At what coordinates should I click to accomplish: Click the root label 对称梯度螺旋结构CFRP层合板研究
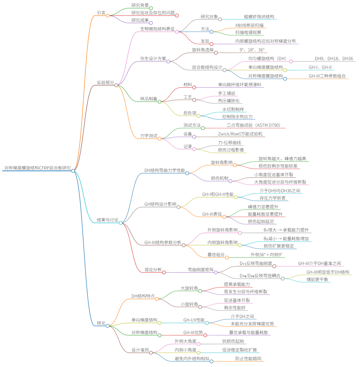point(37,168)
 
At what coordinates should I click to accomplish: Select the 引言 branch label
point(101,12)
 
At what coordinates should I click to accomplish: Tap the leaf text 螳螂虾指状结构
point(259,16)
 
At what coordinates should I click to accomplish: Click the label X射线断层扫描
point(251,25)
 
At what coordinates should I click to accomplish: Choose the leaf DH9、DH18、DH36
point(334,58)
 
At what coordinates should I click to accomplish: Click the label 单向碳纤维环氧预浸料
point(236,85)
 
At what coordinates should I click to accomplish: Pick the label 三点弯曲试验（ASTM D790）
point(256,125)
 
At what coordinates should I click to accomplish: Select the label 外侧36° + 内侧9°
point(266,255)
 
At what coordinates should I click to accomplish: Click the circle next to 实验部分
point(116,85)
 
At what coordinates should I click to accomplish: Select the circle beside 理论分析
point(164,272)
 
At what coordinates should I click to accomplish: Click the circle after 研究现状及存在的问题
point(177,15)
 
